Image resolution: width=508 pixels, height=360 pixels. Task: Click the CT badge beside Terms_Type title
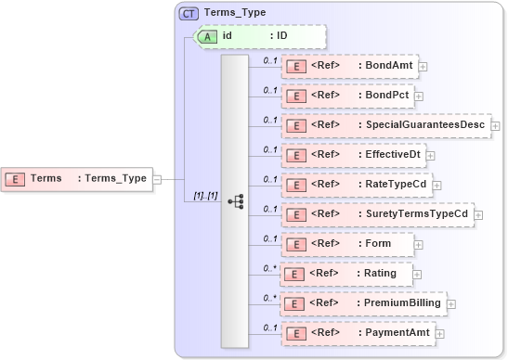189,13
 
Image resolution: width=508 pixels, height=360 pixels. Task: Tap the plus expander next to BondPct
419,96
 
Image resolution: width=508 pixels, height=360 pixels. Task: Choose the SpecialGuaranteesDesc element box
385,125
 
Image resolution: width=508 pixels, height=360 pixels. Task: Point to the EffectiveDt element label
390,155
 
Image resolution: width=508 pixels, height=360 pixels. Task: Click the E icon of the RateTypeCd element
295,185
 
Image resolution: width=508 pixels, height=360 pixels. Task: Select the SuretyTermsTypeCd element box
377,214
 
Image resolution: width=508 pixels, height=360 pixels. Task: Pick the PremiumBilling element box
363,303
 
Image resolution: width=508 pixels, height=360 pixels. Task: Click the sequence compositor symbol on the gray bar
235,199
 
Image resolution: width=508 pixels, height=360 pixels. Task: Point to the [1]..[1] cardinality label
204,196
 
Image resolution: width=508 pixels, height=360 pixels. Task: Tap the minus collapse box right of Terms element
157,179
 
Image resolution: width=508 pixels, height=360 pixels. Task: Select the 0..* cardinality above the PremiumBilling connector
270,297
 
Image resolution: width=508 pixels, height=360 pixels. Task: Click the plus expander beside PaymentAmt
440,333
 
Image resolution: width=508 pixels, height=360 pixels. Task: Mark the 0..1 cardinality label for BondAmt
270,60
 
